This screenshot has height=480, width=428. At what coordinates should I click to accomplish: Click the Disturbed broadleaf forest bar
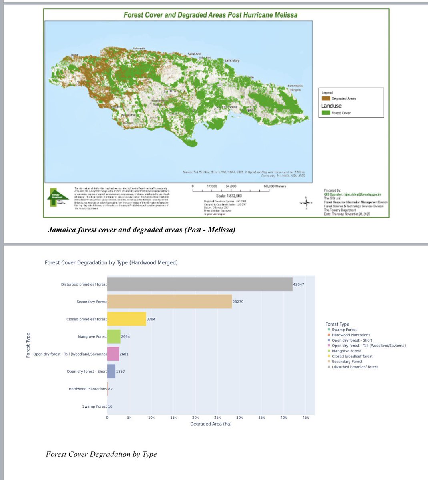tap(200, 284)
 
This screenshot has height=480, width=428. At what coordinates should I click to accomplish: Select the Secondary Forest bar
tap(169, 302)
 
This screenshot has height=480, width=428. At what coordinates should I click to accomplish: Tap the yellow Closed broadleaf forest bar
tap(127, 319)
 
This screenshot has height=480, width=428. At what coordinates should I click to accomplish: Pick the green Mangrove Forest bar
tap(114, 336)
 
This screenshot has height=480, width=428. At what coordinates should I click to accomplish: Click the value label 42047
tap(299, 284)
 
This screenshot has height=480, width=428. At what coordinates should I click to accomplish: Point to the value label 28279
tap(238, 302)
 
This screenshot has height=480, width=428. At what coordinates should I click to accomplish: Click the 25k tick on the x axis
tap(217, 418)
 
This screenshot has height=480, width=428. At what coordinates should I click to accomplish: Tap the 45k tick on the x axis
tap(305, 418)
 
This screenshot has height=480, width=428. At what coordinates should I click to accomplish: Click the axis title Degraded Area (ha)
tap(211, 424)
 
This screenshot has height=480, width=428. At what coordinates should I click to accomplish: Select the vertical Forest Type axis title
tap(28, 345)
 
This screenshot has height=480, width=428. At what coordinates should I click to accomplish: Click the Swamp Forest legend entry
tap(344, 330)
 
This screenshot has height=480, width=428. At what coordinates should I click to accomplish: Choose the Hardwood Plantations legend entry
tap(351, 335)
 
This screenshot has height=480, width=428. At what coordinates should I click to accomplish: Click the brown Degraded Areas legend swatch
tap(325, 98)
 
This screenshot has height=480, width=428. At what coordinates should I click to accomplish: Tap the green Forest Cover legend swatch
tap(325, 113)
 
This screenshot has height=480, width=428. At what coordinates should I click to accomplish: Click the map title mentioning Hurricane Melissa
tap(210, 15)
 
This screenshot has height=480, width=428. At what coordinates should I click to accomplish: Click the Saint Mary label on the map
tap(232, 60)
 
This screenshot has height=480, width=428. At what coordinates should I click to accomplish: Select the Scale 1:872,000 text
tap(229, 196)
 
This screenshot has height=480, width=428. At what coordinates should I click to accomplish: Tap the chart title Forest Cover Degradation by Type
tap(111, 263)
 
